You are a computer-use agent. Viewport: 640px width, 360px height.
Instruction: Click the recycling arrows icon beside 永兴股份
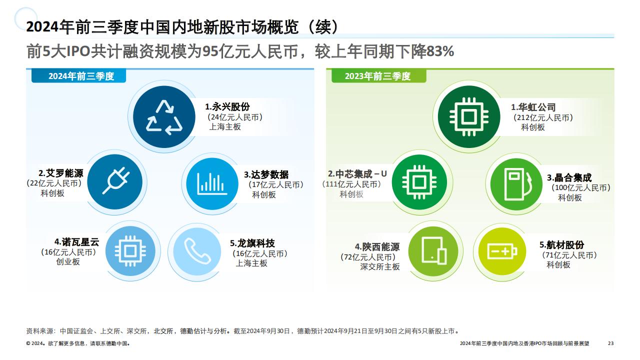pos(164,117)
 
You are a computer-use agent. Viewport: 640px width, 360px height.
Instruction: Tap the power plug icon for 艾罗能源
pos(115,180)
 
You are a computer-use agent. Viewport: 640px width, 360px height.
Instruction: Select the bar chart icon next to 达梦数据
pos(212,183)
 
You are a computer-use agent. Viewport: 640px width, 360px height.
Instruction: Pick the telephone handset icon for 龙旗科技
pos(197,251)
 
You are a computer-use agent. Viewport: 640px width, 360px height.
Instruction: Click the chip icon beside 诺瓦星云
pos(130,251)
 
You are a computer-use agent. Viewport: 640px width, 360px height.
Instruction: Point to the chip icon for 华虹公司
pos(469,116)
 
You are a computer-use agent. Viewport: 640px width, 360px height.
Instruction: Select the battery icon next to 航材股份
pos(502,251)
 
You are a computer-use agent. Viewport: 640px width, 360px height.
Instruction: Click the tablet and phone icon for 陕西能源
pos(434,251)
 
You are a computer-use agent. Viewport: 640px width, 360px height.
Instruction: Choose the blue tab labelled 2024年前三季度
pos(78,76)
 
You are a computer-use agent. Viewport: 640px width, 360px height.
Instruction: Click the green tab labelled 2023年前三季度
pos(378,76)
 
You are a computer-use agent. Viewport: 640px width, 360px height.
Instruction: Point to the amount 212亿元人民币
pos(543,117)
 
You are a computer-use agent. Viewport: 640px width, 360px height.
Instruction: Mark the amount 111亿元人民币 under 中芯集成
pos(351,184)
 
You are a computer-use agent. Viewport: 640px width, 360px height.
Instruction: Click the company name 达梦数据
pos(269,174)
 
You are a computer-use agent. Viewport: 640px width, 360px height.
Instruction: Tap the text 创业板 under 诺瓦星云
pos(68,261)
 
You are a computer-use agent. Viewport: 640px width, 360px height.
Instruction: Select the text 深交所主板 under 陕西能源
pos(379,266)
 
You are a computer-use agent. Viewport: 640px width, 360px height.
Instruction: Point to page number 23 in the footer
pos(610,343)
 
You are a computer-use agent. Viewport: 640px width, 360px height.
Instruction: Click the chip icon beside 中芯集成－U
pos(419,182)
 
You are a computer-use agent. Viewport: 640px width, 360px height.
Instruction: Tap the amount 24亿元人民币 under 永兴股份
pos(235,117)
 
